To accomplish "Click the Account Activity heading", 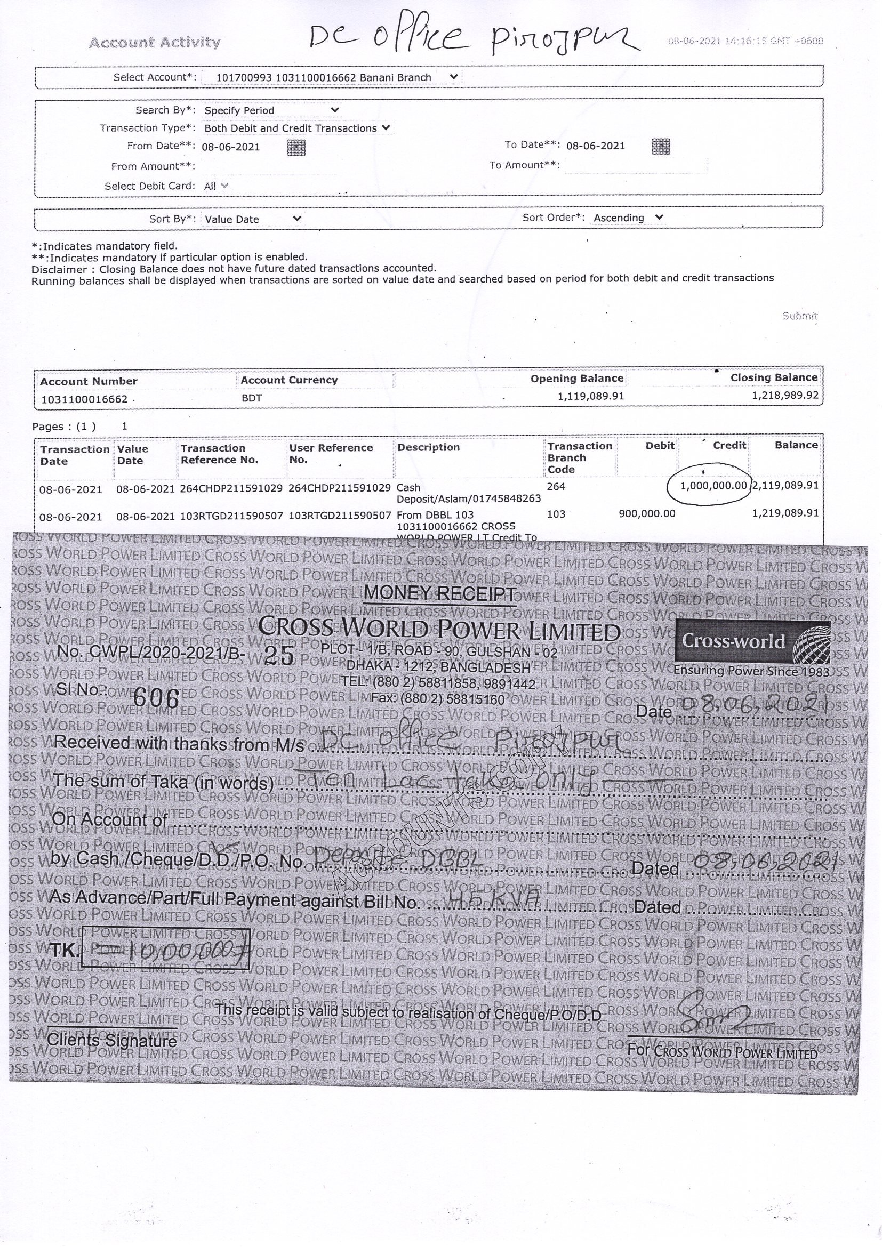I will click(154, 43).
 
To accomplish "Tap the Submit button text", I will click(799, 316).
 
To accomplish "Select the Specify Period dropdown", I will click(271, 110).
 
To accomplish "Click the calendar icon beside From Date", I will click(296, 147).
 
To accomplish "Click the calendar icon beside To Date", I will click(660, 146).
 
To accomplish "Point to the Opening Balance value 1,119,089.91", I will click(590, 396).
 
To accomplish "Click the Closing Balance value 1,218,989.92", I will click(785, 396).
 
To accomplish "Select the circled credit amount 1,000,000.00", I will click(713, 486).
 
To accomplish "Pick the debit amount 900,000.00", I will click(647, 513).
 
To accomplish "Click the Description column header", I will click(429, 447).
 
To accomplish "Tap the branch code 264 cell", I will click(556, 487).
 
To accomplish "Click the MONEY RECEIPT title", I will click(440, 593).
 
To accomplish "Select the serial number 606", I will click(156, 698).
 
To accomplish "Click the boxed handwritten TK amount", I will click(166, 950).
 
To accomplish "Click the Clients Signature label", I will click(112, 1041).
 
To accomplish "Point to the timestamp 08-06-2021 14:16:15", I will click(745, 41).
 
